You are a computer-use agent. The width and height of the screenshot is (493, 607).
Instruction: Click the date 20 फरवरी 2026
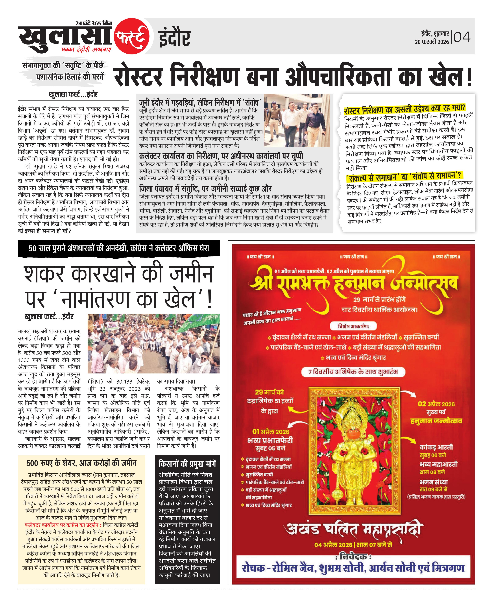tap(432, 42)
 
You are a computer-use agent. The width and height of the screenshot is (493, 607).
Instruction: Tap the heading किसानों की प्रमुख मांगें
tap(187, 464)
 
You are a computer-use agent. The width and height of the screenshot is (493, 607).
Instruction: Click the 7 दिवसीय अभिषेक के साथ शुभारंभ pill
tap(353, 372)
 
